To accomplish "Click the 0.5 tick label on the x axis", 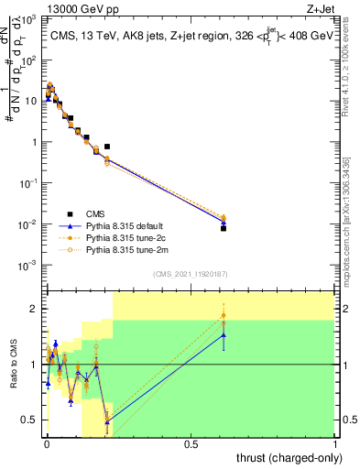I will tap(191, 444).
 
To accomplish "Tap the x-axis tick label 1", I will tap(335, 444).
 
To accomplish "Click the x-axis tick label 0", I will tap(47, 444).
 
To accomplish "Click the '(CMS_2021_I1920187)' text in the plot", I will tap(190, 275).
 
